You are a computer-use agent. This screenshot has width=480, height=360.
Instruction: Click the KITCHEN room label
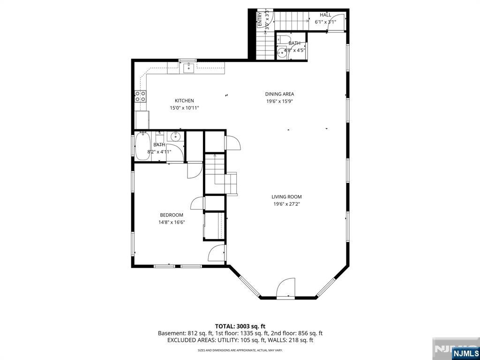pos(184,101)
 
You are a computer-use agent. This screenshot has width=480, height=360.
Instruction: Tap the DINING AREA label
pos(279,94)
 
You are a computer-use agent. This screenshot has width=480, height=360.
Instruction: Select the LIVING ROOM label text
pos(286,197)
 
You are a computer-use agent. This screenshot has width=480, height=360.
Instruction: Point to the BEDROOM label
pos(172,215)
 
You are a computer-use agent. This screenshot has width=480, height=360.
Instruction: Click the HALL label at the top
pos(325,15)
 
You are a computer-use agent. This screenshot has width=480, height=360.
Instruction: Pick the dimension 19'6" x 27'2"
pos(286,204)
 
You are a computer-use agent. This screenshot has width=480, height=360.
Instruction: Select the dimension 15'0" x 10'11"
pos(184,108)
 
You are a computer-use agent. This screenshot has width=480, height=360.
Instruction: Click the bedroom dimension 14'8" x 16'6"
pos(172,222)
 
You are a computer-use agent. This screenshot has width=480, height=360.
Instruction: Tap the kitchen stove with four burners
pos(140,96)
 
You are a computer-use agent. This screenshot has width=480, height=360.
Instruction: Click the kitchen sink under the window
pos(188,69)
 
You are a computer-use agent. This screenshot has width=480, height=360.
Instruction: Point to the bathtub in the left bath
pos(142,146)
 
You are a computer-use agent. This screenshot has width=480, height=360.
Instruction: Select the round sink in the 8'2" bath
pos(174,137)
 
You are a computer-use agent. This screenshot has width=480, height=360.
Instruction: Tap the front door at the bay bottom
pos(285,289)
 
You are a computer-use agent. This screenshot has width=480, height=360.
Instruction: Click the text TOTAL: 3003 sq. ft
pos(240,326)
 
